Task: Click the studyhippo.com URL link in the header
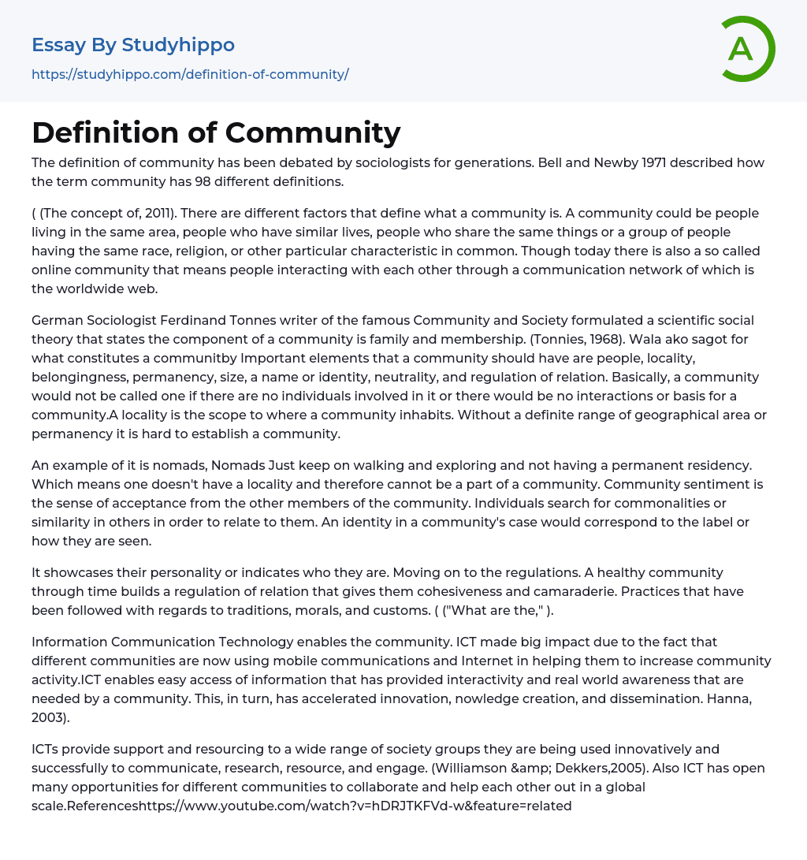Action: (190, 74)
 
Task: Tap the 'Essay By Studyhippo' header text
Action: (133, 45)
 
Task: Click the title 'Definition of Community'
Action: (216, 132)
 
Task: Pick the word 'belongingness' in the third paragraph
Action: (76, 377)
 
